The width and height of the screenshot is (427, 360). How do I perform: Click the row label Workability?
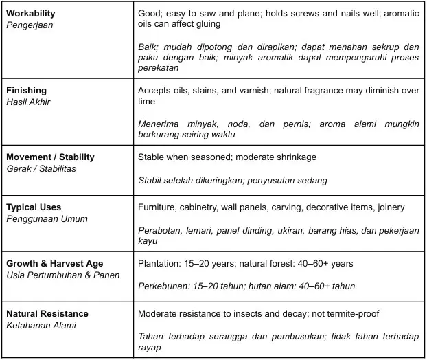point(31,14)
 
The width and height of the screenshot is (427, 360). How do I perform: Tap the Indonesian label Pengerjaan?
point(30,25)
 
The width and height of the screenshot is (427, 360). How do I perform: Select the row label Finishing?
point(26,90)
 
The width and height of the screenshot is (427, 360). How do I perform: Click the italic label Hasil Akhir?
point(28,102)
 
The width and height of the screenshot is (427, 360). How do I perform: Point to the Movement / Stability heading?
point(50,157)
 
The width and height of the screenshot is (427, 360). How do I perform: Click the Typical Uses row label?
point(34,207)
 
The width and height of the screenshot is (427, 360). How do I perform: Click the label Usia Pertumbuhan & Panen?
point(62,275)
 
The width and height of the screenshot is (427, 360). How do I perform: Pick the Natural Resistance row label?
point(47,314)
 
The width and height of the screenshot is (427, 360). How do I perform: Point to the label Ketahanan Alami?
point(41,325)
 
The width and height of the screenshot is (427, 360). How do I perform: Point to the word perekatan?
point(158,68)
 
